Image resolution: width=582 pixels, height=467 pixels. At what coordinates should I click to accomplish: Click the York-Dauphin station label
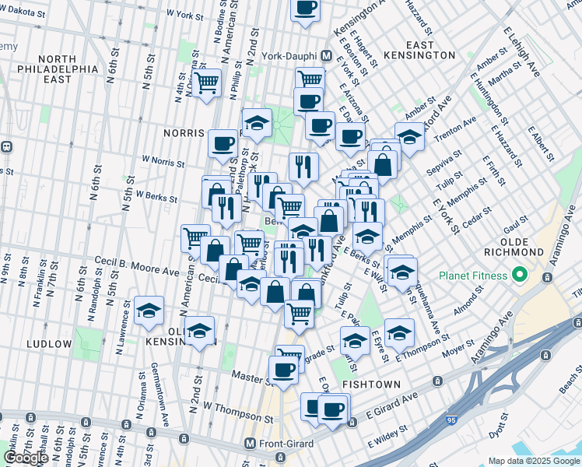(x=289, y=57)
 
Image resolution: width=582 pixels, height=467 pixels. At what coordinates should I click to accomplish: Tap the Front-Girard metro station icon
(x=250, y=443)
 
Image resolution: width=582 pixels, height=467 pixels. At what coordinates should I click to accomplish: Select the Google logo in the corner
(x=25, y=458)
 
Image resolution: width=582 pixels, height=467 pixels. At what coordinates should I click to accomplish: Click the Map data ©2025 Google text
(x=534, y=461)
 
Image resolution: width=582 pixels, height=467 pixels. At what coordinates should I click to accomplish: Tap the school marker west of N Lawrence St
(x=149, y=311)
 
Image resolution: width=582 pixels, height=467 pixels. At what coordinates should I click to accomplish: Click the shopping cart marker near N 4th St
(x=207, y=83)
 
